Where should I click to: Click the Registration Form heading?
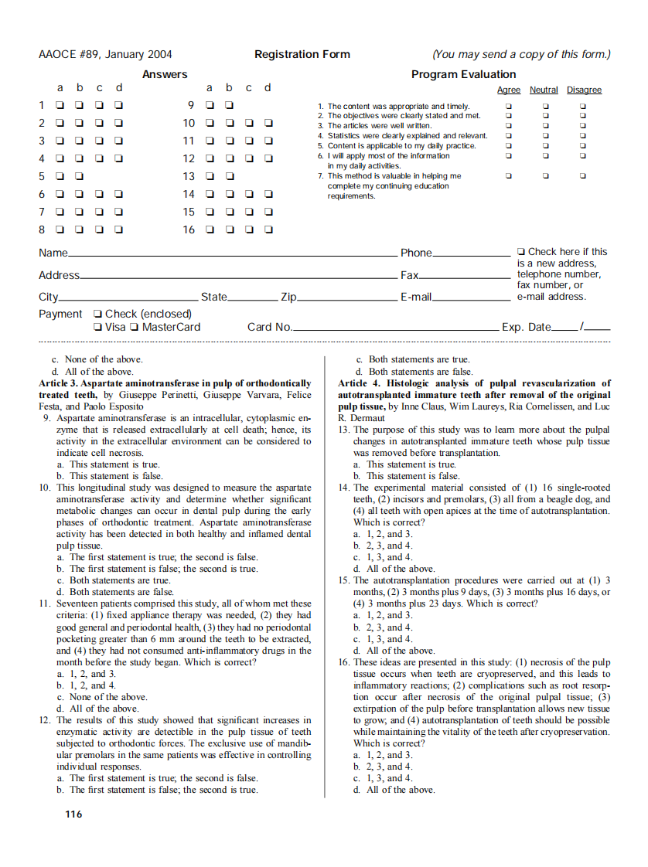[302, 54]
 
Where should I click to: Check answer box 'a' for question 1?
[59, 105]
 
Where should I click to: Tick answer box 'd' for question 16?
[268, 229]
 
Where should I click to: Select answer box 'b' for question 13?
[229, 176]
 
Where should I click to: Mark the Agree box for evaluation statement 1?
[508, 106]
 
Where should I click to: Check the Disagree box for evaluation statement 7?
[583, 175]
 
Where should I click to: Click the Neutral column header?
[544, 90]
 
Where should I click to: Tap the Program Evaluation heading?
[463, 74]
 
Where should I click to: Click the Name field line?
[232, 254]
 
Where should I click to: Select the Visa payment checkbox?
[97, 327]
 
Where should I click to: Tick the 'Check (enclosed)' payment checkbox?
[97, 314]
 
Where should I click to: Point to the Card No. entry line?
[394, 329]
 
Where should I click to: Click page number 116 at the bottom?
[73, 814]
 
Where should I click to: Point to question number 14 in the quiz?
[344, 488]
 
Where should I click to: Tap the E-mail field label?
[415, 297]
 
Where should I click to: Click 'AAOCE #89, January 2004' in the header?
[105, 54]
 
